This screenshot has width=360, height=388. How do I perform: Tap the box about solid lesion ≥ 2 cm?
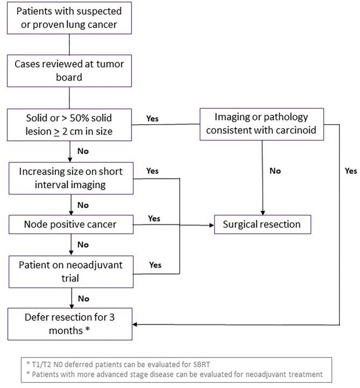pyautogui.click(x=69, y=124)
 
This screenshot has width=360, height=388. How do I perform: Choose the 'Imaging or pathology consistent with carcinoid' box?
pyautogui.click(x=262, y=124)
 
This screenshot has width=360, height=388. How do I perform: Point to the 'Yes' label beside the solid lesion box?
pyautogui.click(x=152, y=118)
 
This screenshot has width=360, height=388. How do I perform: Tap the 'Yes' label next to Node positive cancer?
pyautogui.click(x=154, y=218)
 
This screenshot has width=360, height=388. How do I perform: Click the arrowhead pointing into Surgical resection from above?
pyautogui.click(x=262, y=213)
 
